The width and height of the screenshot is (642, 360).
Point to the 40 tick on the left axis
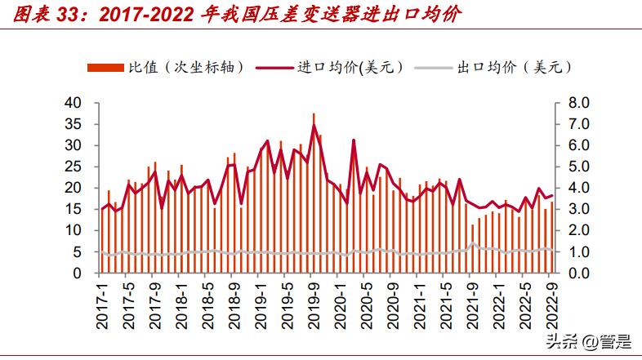point(74,103)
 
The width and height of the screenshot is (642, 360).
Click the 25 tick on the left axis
point(74,167)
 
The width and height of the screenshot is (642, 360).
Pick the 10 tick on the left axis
point(74,231)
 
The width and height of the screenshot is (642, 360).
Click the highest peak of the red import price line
point(314,126)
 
